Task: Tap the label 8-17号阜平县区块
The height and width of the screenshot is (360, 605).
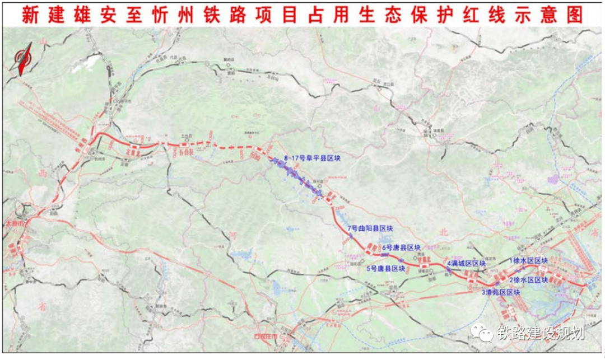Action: point(313,158)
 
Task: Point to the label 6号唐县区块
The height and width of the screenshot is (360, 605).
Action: point(401,247)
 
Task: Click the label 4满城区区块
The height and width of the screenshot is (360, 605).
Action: point(466,263)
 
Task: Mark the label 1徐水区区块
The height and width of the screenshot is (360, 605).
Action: point(528,260)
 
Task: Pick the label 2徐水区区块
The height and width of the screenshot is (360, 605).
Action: point(528,279)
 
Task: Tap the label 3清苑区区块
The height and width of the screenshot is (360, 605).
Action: point(501,292)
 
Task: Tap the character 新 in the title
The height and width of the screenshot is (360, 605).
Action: point(31,15)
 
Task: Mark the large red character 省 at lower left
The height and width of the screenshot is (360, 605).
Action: point(41,306)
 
